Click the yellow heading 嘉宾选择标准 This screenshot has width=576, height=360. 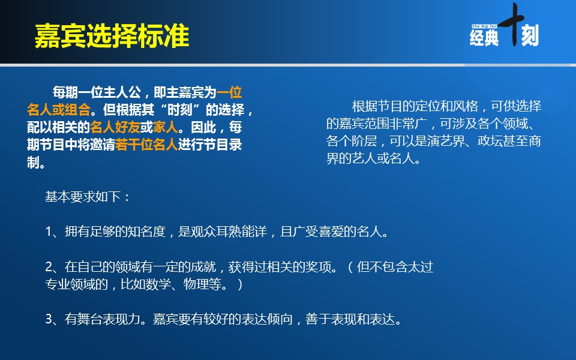coord(112,36)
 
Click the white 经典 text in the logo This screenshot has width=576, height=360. coord(484,37)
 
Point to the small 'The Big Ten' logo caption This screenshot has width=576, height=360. coord(484,26)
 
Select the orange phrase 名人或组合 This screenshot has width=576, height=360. coord(59,109)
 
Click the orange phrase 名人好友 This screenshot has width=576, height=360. coord(115,127)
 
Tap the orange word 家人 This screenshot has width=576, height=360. coord(166,127)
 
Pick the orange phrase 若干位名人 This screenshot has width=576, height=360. coord(146,145)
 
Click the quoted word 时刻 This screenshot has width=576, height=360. coord(180,109)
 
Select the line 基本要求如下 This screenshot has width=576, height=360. coord(83,197)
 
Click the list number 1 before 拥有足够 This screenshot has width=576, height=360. coord(49,232)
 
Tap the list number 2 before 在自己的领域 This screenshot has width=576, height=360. coord(49,266)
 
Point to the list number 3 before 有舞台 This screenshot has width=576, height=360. coord(49,319)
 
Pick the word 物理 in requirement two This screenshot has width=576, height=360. coord(196,284)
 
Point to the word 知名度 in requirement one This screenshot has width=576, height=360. coord(146,232)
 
